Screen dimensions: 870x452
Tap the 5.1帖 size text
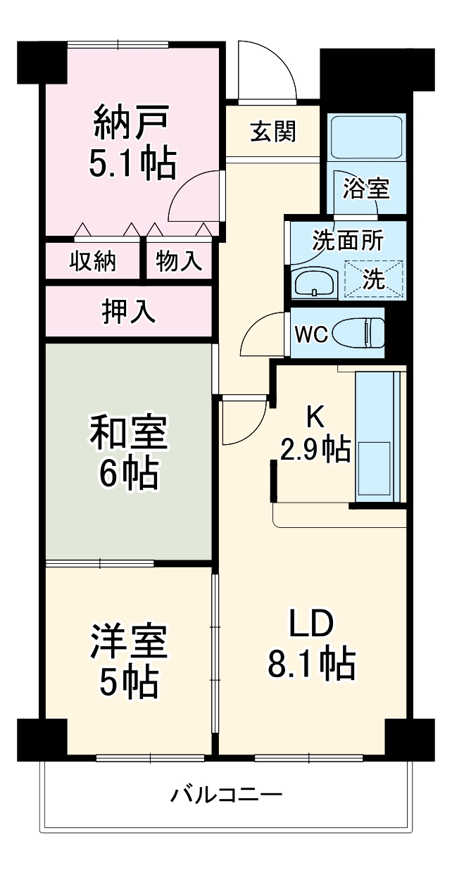click(131, 164)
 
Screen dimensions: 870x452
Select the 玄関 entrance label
click(273, 131)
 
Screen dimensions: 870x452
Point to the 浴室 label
click(366, 189)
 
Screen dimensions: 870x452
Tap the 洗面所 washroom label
click(348, 241)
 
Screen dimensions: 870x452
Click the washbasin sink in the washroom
click(315, 284)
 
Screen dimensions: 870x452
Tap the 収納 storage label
click(93, 262)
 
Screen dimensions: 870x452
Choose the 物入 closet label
click(179, 262)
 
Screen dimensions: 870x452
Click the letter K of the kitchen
click(314, 417)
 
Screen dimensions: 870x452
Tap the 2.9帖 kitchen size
click(315, 448)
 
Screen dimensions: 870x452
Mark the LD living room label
click(310, 624)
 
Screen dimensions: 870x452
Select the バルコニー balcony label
click(226, 796)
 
